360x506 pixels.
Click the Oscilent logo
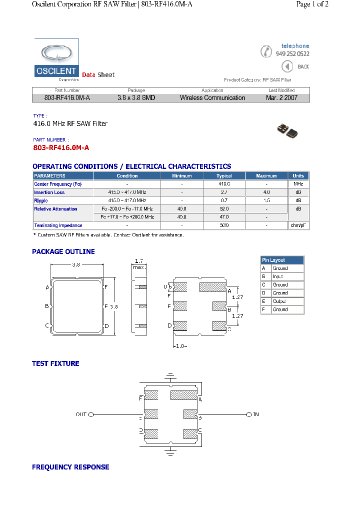56,60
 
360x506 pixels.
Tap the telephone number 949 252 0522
292,54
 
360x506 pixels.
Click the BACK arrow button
287,66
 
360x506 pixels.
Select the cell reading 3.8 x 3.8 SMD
136,98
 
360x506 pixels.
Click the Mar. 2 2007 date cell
281,98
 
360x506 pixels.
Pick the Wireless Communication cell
212,98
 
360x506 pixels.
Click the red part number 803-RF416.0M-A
61,148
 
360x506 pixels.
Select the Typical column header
224,176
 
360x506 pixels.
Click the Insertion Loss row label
49,192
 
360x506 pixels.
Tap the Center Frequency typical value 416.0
224,184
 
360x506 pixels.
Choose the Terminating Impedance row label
58,225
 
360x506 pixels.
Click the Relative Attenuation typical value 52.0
224,209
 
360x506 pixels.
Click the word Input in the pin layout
278,276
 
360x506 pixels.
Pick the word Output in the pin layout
279,301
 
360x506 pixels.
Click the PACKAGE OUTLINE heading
63,251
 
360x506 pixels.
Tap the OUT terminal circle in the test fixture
91,414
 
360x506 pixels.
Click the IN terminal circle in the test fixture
249,414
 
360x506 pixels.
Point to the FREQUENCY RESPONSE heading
70,467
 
